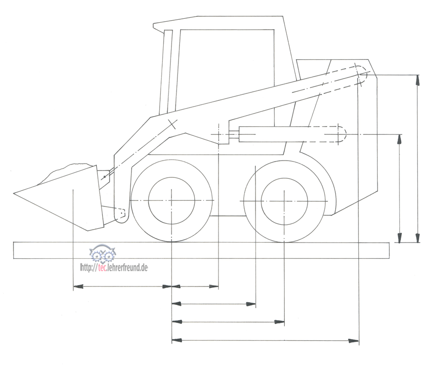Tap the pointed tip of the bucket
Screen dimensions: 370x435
coord(15,192)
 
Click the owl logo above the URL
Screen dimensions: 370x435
coord(102,254)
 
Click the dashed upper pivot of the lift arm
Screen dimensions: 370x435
coord(362,73)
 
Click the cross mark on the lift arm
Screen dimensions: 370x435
coord(172,123)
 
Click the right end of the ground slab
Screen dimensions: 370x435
coord(389,250)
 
